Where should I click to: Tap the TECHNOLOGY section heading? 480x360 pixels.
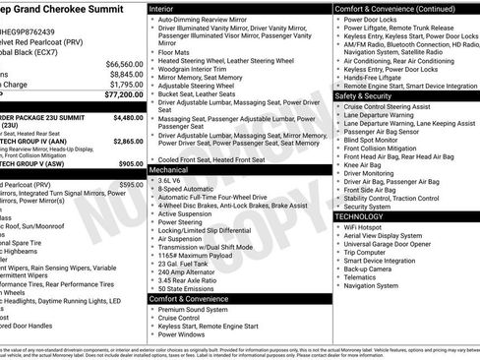[361, 215]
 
